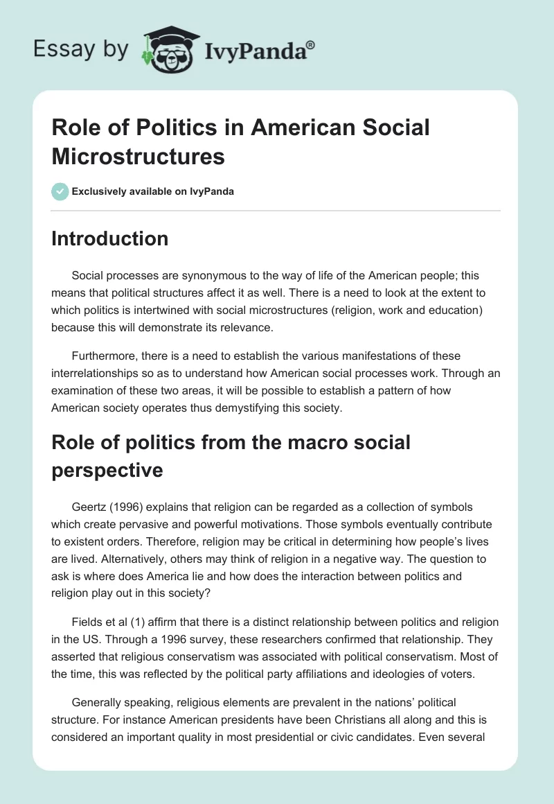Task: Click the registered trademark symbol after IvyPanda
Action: pyautogui.click(x=311, y=45)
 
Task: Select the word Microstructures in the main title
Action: pyautogui.click(x=138, y=156)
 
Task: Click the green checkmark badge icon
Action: pyautogui.click(x=60, y=191)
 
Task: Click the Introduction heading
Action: pyautogui.click(x=110, y=238)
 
